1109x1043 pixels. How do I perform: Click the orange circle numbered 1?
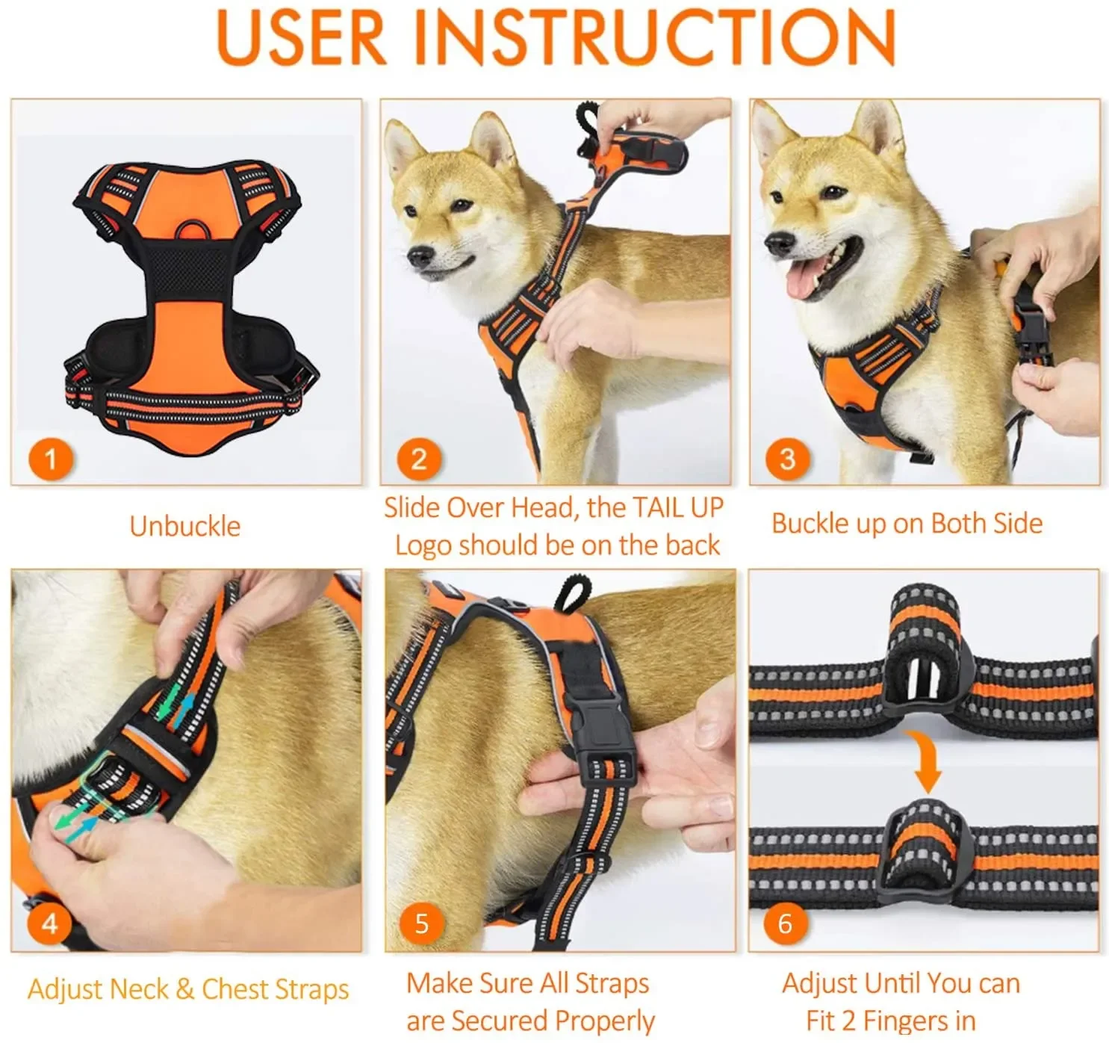[x=51, y=459]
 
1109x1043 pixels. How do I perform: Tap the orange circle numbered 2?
[x=419, y=459]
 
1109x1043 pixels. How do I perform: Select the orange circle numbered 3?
[x=787, y=459]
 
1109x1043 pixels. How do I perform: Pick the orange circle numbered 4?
[x=49, y=923]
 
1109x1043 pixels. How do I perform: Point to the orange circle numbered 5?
[x=422, y=923]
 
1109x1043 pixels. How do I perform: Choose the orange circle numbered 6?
[x=785, y=923]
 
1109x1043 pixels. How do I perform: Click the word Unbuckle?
[x=185, y=526]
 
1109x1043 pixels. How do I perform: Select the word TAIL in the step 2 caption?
[x=659, y=508]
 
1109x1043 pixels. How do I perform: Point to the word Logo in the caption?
[x=423, y=547]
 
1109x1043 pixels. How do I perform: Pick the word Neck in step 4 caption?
[x=140, y=988]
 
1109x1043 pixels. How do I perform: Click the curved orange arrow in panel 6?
[x=926, y=761]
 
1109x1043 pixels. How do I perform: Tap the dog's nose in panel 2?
[x=420, y=256]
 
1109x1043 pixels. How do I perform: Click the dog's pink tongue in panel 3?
[x=802, y=279]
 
